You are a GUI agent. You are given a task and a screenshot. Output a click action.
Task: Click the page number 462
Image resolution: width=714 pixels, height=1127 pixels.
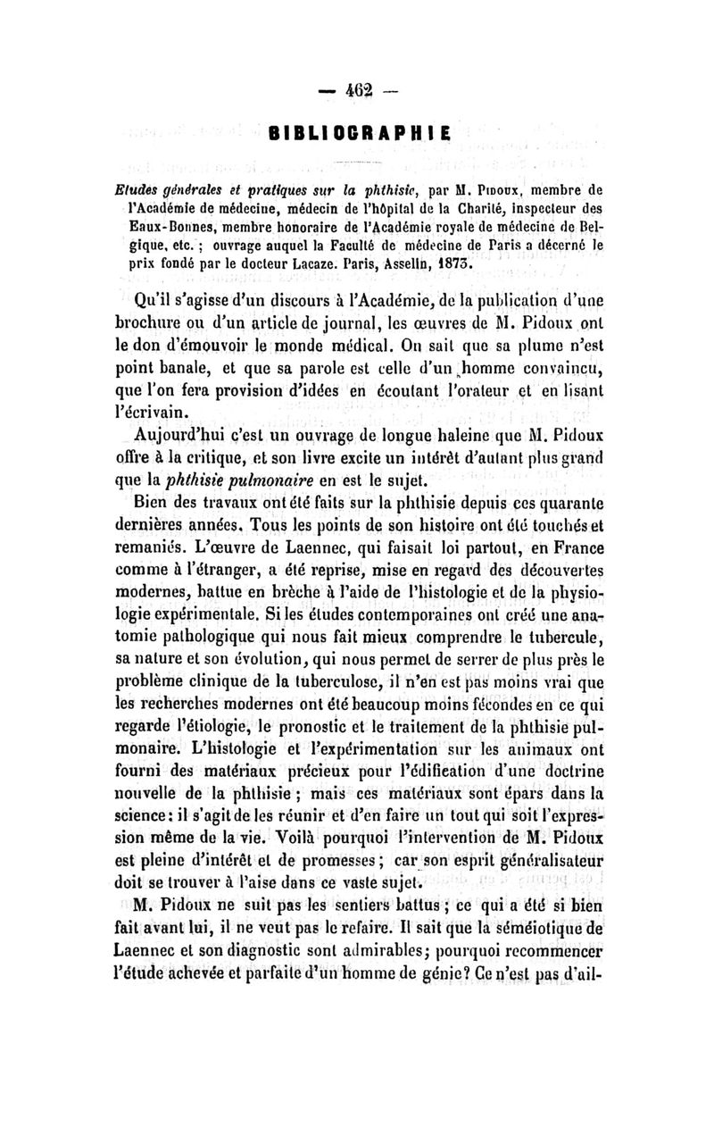click(356, 91)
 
